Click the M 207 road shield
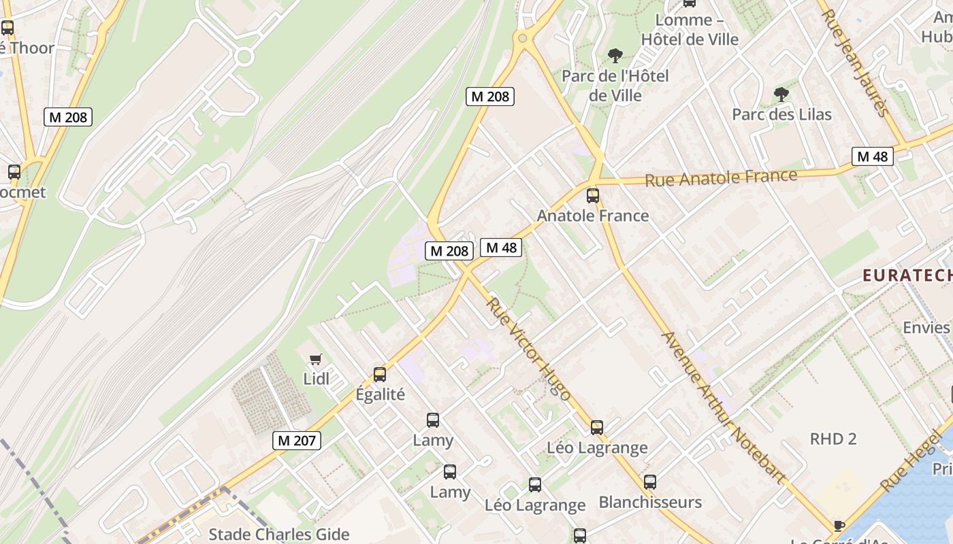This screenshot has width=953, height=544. tap(297, 441)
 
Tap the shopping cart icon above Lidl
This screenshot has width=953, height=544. tap(315, 360)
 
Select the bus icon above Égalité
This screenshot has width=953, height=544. tap(380, 375)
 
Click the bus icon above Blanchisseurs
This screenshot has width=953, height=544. tap(650, 482)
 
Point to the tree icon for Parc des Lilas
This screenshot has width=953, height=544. tap(781, 95)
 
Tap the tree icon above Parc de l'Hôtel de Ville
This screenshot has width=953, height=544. tap(615, 56)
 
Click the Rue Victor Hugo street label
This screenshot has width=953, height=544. tap(529, 349)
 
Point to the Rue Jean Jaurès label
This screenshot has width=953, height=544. tap(856, 63)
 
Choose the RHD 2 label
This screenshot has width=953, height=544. tap(833, 439)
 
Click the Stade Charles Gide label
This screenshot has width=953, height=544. tap(278, 534)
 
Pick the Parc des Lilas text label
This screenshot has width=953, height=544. tap(781, 114)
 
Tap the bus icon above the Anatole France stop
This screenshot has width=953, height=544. tap(593, 196)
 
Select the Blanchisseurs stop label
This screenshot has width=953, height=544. tap(650, 503)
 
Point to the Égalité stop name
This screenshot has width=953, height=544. tap(380, 394)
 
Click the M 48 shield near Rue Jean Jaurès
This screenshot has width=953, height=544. tap(872, 157)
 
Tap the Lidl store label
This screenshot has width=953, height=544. tap(316, 379)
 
